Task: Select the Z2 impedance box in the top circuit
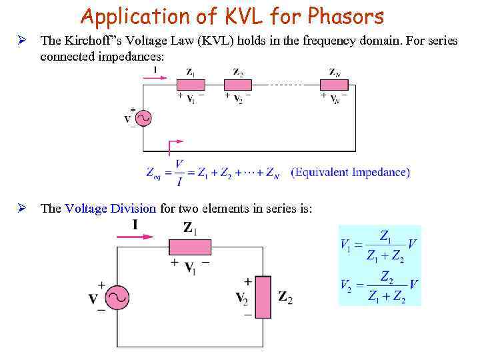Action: click(237, 85)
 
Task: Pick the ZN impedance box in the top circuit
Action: click(334, 85)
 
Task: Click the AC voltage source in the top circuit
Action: click(143, 119)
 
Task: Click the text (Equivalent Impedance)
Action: click(351, 172)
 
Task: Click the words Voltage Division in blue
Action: click(111, 208)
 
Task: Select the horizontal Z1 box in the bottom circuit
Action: click(189, 248)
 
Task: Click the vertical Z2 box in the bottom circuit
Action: click(265, 297)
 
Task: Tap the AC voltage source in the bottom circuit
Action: click(117, 298)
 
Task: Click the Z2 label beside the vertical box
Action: click(285, 297)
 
